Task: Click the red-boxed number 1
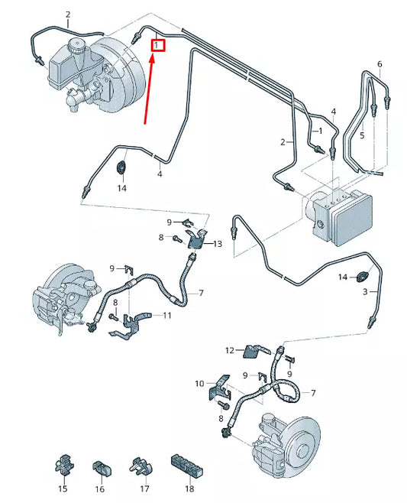(x=157, y=46)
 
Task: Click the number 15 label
(x=63, y=488)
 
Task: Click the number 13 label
(x=217, y=244)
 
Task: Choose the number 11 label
(x=167, y=315)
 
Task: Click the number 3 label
(x=365, y=292)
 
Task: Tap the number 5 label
(x=363, y=135)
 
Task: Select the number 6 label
(x=379, y=63)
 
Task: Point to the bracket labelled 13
(x=199, y=239)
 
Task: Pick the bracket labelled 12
(x=254, y=351)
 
